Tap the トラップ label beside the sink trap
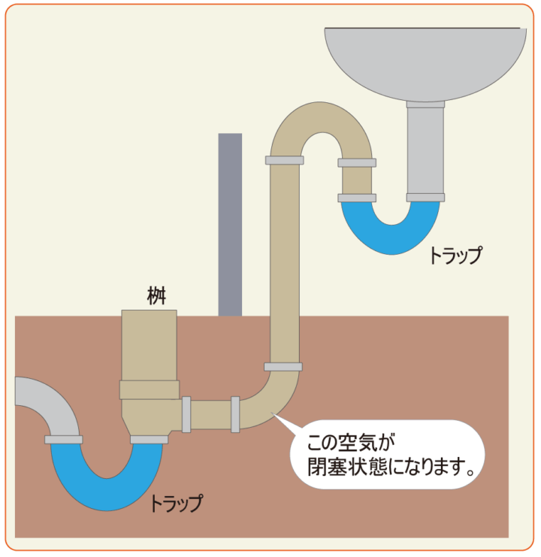[455, 256]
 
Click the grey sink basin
[425, 63]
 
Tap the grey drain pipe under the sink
[425, 150]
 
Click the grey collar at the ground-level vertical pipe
[283, 367]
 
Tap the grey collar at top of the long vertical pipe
[284, 160]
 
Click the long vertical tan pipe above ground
[283, 263]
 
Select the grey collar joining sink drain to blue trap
[425, 198]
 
